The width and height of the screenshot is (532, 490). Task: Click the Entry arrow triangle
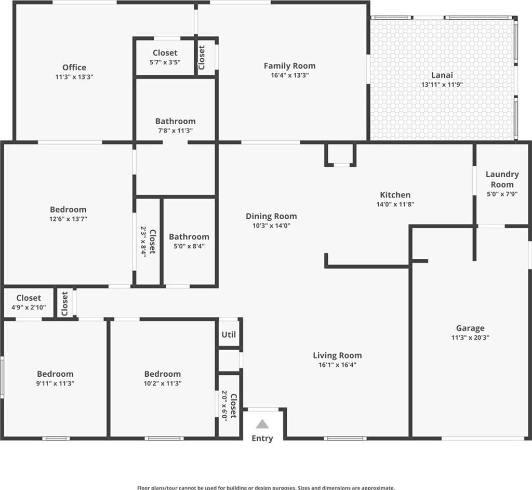(x=262, y=424)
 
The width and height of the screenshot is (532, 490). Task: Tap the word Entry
(x=262, y=439)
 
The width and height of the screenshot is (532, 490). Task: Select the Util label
(x=229, y=335)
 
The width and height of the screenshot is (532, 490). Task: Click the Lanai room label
(x=442, y=75)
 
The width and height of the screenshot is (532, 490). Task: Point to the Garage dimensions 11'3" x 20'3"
(x=470, y=338)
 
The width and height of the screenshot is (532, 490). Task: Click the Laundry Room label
(x=502, y=179)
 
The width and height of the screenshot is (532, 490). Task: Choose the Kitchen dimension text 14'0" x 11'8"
(x=395, y=204)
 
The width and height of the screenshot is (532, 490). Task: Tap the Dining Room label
(x=271, y=216)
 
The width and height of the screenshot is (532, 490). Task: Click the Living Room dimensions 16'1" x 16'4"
(x=337, y=365)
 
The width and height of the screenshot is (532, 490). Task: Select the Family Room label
(x=290, y=66)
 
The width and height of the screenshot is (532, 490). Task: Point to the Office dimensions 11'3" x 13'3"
(x=74, y=77)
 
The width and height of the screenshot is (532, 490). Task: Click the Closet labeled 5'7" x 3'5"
(x=165, y=53)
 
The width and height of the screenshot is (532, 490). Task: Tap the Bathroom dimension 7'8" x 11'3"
(x=176, y=130)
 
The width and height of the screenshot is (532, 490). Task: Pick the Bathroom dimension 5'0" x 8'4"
(x=189, y=246)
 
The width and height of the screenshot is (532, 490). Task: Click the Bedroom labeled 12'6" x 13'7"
(x=68, y=209)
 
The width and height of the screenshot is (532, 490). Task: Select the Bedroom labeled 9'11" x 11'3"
(x=55, y=374)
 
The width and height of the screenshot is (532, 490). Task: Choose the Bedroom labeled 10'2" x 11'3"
(x=163, y=374)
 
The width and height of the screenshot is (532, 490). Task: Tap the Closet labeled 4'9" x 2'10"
(x=29, y=298)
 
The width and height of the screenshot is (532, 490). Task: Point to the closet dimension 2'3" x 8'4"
(x=143, y=242)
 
